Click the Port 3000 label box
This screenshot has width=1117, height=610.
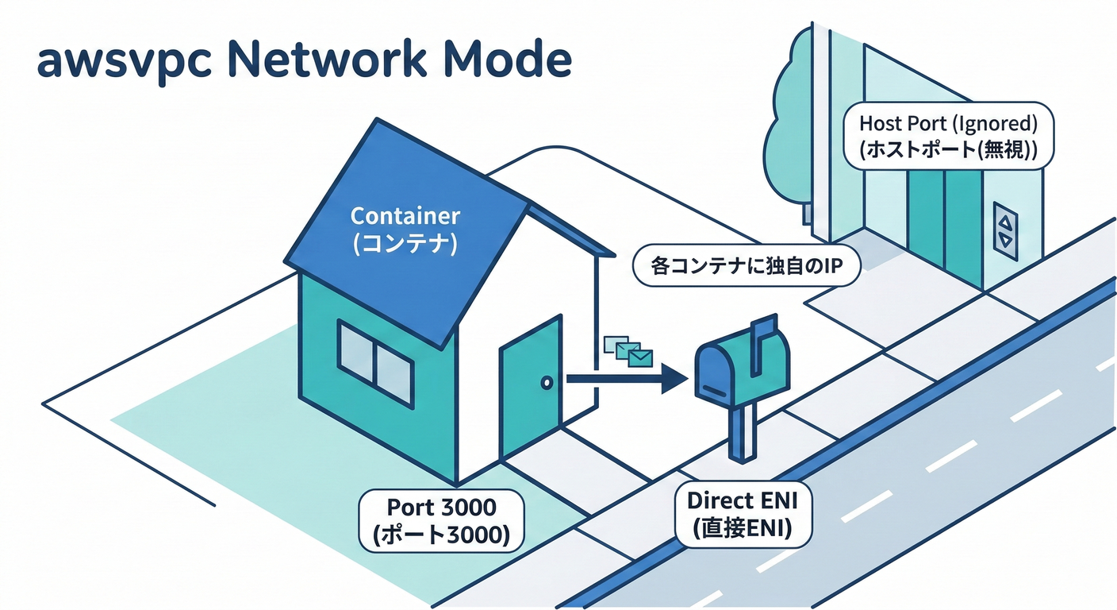tap(441, 521)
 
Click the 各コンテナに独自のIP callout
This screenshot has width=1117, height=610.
tap(746, 268)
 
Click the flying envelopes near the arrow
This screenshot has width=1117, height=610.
tap(628, 351)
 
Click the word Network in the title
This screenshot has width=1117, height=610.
tap(328, 61)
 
